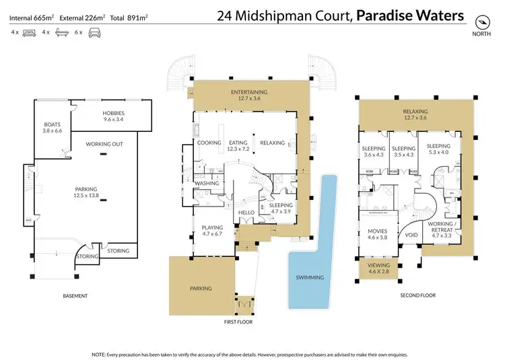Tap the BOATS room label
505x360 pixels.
pyautogui.click(x=53, y=124)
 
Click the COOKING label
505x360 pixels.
pyautogui.click(x=209, y=143)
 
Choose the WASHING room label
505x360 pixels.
pyautogui.click(x=205, y=183)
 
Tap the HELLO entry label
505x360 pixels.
pyautogui.click(x=246, y=213)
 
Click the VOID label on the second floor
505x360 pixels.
pyautogui.click(x=410, y=236)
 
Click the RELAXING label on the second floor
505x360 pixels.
pyautogui.click(x=415, y=111)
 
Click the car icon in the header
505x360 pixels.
pyautogui.click(x=95, y=32)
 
